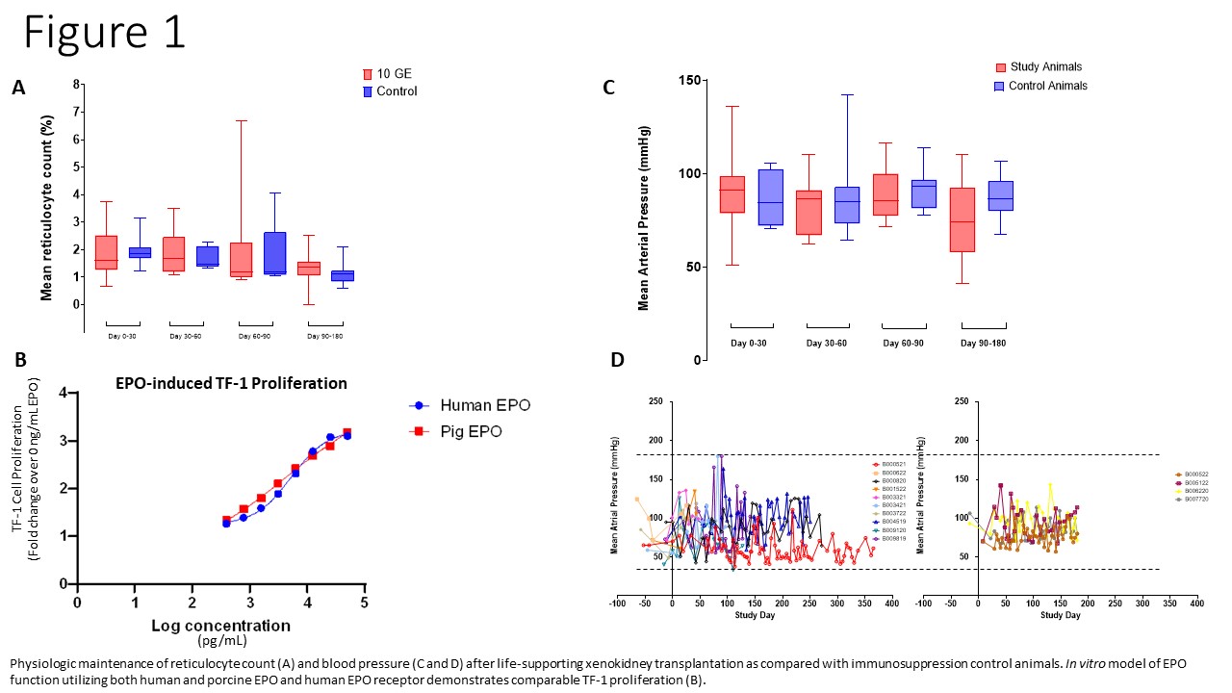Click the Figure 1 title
tap(104, 33)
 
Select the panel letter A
tap(18, 88)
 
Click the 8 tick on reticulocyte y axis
tap(78, 84)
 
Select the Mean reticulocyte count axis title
tap(45, 208)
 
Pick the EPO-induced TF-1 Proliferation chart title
tap(230, 383)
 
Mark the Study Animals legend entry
tap(1038, 67)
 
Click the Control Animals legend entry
tap(1040, 86)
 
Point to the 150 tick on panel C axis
tap(687, 81)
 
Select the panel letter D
tap(617, 360)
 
